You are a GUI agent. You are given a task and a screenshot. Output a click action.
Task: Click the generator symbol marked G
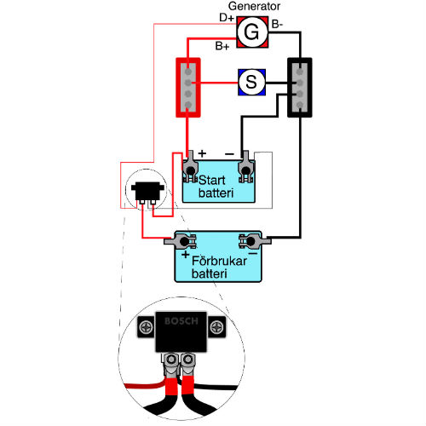coord(252,32)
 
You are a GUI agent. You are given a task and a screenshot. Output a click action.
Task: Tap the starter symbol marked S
coord(251,83)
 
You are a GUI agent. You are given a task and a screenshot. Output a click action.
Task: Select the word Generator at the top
coord(254,6)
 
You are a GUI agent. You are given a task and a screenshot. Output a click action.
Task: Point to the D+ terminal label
coord(227,18)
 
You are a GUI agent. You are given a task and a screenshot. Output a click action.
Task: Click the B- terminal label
coord(277,25)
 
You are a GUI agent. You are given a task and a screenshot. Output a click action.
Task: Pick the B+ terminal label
coord(222,46)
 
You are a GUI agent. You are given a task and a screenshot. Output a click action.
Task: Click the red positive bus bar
coord(188,88)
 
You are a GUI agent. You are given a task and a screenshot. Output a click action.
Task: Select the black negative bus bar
coord(300,88)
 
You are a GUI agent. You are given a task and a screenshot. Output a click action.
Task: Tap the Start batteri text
coord(216,187)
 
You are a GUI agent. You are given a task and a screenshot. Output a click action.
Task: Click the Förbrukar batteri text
coord(219,268)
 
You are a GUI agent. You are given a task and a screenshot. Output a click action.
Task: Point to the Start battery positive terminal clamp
coord(190,168)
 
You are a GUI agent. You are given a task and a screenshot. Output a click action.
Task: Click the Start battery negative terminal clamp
coord(245,168)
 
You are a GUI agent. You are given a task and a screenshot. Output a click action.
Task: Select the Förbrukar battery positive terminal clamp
coord(181,241)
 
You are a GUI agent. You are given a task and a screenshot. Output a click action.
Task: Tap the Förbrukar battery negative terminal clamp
coord(255,241)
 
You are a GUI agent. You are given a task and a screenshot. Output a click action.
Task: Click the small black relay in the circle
coord(147,193)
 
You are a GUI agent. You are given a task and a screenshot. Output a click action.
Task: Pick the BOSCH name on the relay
coord(181,321)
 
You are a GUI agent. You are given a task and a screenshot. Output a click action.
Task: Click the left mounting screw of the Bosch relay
coord(147,327)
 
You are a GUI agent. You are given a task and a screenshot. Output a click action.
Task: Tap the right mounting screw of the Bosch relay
coord(216,327)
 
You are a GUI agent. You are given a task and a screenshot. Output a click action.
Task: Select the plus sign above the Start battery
coord(202,153)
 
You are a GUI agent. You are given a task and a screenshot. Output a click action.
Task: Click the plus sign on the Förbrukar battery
coord(186,255)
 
